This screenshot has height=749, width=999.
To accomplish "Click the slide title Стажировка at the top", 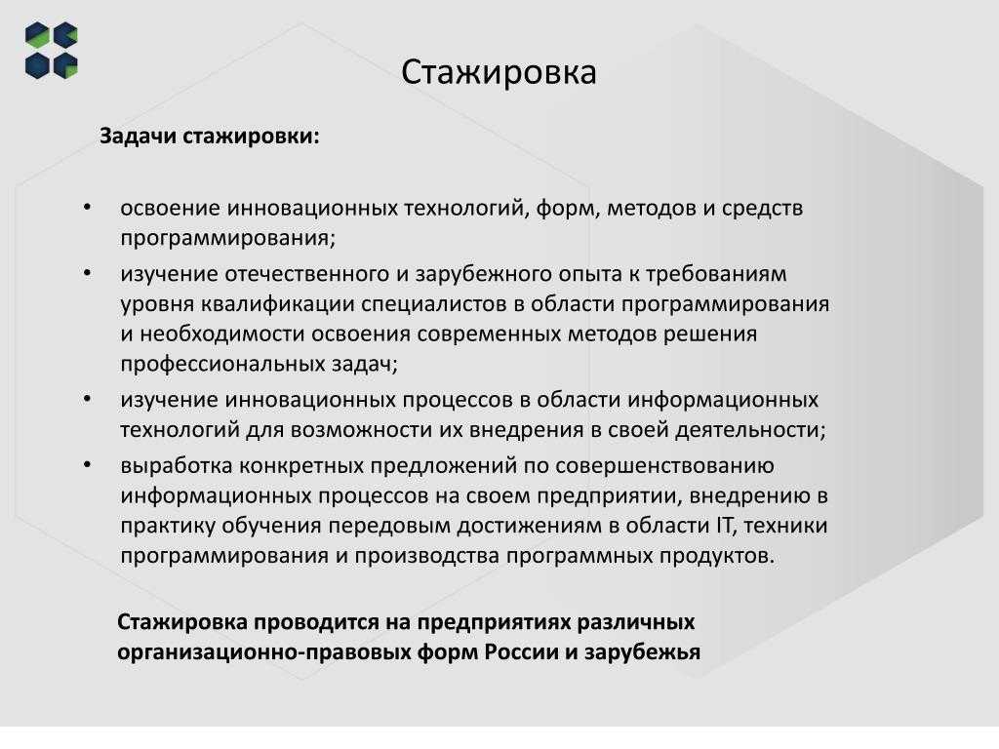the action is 499,72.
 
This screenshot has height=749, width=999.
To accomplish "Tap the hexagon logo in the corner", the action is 52,51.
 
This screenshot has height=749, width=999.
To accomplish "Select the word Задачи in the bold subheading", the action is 138,137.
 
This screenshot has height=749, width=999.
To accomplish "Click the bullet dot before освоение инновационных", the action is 87,207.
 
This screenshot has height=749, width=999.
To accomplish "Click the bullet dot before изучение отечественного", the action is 87,273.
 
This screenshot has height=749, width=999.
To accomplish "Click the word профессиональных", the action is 222,365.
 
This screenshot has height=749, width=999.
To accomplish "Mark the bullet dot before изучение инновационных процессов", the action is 87,399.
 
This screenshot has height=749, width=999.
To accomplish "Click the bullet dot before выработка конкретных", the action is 87,464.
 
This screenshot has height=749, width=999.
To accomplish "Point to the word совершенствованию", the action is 664,466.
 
